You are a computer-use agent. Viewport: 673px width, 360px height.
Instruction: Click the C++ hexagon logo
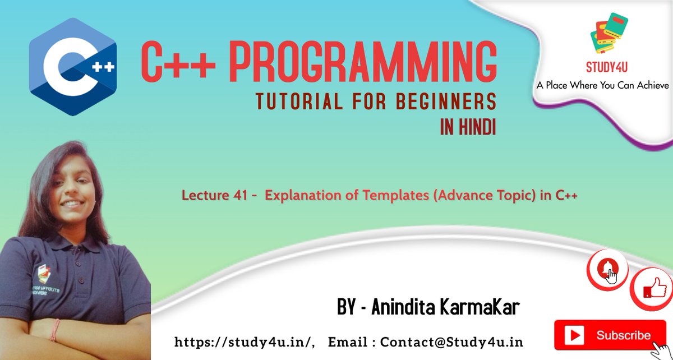pos(72,66)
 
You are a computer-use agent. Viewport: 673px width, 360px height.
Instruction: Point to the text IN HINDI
pos(468,128)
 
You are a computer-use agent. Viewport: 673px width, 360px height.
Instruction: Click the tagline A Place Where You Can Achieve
pos(603,85)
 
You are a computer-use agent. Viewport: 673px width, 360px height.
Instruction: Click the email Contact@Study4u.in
pos(451,341)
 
